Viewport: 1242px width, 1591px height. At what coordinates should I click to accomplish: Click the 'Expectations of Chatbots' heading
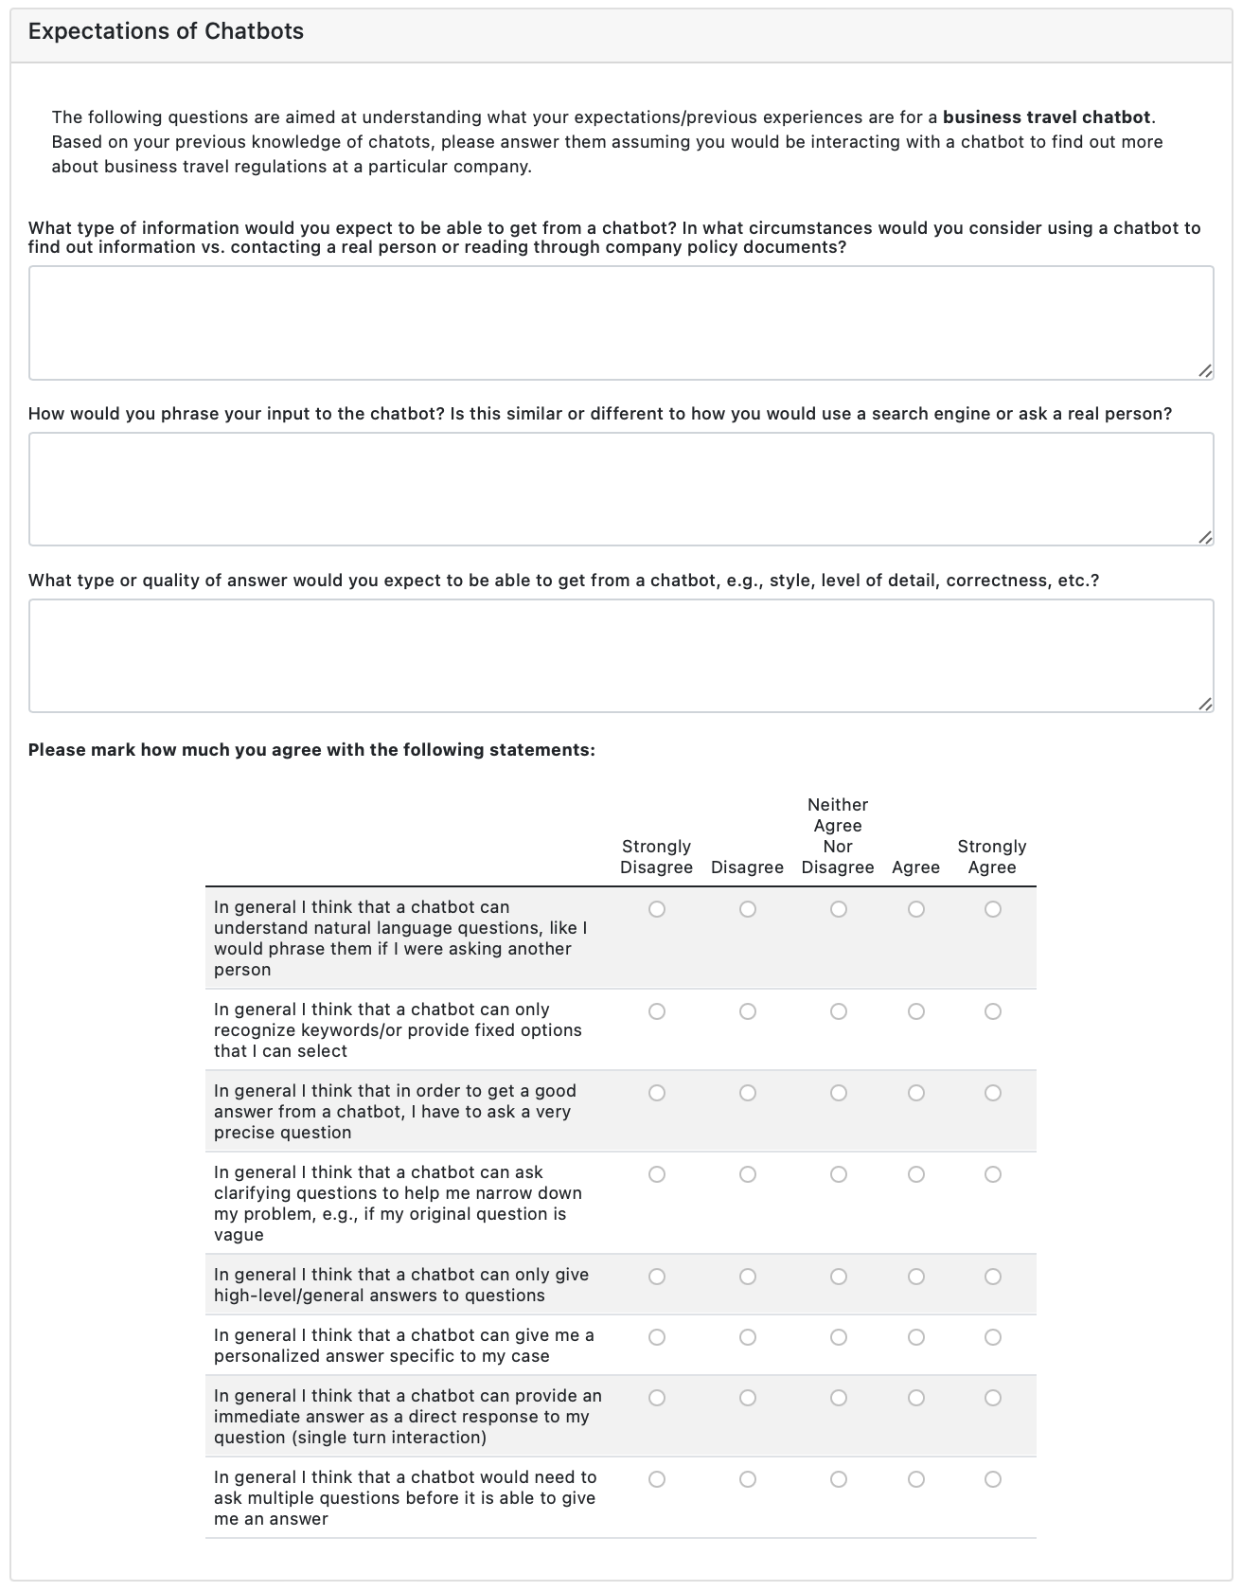pos(166,31)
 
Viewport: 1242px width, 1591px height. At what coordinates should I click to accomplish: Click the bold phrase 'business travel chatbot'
pos(1047,117)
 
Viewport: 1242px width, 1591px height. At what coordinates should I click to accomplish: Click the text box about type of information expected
pos(620,323)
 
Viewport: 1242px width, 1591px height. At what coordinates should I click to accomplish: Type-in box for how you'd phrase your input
pos(620,489)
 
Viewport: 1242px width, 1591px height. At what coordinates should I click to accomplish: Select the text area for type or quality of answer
pos(620,655)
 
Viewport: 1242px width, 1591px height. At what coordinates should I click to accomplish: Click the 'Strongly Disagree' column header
pos(656,857)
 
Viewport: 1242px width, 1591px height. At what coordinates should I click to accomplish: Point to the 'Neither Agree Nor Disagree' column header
pos(838,836)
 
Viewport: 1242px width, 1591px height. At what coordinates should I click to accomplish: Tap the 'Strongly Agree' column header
pos(992,857)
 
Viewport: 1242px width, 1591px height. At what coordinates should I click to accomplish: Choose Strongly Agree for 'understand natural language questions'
pos(992,909)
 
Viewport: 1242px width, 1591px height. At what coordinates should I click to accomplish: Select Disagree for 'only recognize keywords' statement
pos(748,1011)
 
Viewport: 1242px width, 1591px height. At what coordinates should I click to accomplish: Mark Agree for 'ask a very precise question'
pos(916,1093)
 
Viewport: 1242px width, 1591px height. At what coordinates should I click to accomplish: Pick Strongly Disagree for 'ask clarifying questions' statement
pos(657,1174)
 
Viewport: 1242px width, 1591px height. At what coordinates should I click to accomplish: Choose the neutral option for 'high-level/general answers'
pos(839,1277)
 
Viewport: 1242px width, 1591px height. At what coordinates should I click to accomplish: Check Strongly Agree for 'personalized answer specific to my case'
pos(992,1337)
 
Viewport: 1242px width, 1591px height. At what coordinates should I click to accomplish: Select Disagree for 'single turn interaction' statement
pos(748,1398)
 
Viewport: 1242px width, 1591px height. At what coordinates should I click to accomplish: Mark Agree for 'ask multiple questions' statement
pos(916,1479)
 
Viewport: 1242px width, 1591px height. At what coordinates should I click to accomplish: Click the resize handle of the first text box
pos(1204,371)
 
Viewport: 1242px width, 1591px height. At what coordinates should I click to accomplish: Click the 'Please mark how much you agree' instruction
pos(311,750)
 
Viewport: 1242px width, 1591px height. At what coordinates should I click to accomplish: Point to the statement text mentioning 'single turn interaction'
pos(407,1417)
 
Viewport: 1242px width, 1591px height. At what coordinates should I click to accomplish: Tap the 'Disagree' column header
pos(747,867)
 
